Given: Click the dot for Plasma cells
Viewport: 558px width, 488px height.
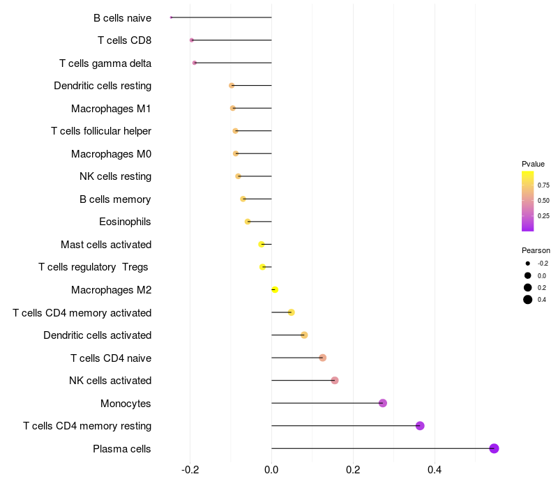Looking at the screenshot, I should pyautogui.click(x=494, y=448).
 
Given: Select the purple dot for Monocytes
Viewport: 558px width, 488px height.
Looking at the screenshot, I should pyautogui.click(x=382, y=403).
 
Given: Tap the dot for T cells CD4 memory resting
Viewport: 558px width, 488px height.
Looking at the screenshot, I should pyautogui.click(x=420, y=426).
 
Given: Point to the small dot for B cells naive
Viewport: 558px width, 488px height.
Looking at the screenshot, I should pyautogui.click(x=171, y=17).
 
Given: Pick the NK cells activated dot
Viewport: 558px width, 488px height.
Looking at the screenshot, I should pyautogui.click(x=335, y=381).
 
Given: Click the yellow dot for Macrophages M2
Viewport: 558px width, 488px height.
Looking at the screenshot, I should pyautogui.click(x=275, y=289).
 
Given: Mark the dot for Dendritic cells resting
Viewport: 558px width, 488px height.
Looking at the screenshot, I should pyautogui.click(x=232, y=86).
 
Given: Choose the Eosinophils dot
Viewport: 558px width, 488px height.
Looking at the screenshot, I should pyautogui.click(x=248, y=222).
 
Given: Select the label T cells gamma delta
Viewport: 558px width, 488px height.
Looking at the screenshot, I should pyautogui.click(x=105, y=63).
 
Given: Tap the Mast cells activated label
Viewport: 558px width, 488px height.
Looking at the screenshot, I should pyautogui.click(x=106, y=245).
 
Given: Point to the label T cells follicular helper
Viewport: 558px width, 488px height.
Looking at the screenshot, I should pyautogui.click(x=101, y=131).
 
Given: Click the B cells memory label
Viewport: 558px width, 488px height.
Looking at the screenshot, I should pyautogui.click(x=115, y=199).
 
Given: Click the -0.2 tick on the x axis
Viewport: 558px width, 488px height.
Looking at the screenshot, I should pyautogui.click(x=190, y=471).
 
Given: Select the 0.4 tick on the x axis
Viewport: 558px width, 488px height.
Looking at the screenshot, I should pyautogui.click(x=435, y=471).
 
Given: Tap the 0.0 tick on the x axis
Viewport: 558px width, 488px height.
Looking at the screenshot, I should pyautogui.click(x=271, y=471).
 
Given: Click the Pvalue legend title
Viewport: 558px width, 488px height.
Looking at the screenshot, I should pyautogui.click(x=533, y=164).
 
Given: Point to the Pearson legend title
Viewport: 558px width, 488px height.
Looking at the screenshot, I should pyautogui.click(x=536, y=250).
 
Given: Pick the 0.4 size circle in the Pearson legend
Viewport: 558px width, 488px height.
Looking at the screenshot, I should pyautogui.click(x=528, y=300).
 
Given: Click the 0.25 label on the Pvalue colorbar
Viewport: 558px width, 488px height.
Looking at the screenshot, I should pyautogui.click(x=543, y=216).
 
